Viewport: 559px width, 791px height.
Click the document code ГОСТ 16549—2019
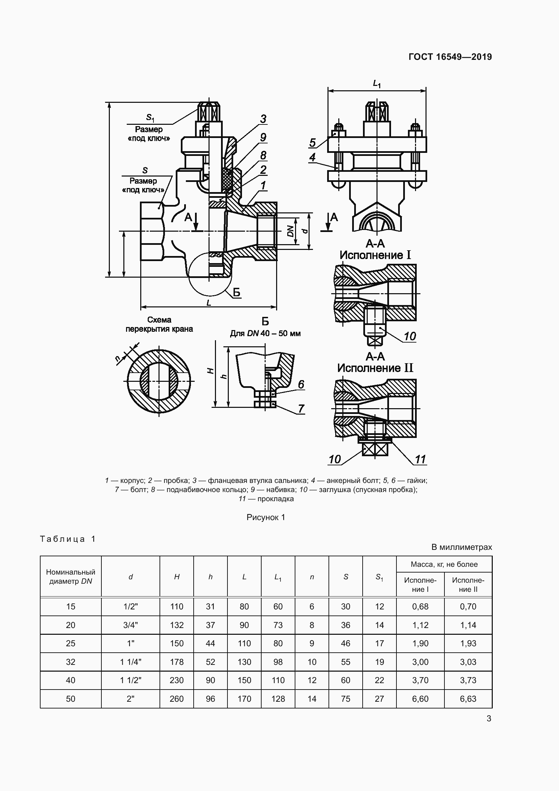tap(450, 57)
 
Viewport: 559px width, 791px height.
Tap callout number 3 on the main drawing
tap(263, 119)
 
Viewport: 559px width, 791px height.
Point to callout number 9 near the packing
tap(263, 137)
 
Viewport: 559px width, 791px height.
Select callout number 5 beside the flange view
tap(313, 142)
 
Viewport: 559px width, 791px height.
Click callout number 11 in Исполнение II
tap(420, 459)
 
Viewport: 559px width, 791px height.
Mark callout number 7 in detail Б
tap(301, 409)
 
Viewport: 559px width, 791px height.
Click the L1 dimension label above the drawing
tap(377, 84)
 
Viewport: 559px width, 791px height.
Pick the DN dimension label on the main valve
tap(291, 231)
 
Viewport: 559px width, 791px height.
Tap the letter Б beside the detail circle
tap(237, 293)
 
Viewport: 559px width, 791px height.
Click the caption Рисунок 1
tap(266, 517)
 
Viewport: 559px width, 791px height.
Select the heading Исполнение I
tap(375, 255)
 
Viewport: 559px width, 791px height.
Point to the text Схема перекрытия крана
tap(159, 325)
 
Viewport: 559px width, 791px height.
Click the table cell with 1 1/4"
tap(130, 662)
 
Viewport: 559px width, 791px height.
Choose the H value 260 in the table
tap(176, 699)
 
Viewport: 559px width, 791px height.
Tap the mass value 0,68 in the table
tap(420, 606)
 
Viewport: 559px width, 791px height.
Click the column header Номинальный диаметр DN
tap(71, 576)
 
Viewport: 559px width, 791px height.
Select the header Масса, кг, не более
tap(444, 564)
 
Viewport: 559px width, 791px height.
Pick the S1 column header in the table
tap(379, 577)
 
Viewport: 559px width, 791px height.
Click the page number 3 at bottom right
tap(489, 719)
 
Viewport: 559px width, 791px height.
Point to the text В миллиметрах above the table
tap(462, 547)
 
